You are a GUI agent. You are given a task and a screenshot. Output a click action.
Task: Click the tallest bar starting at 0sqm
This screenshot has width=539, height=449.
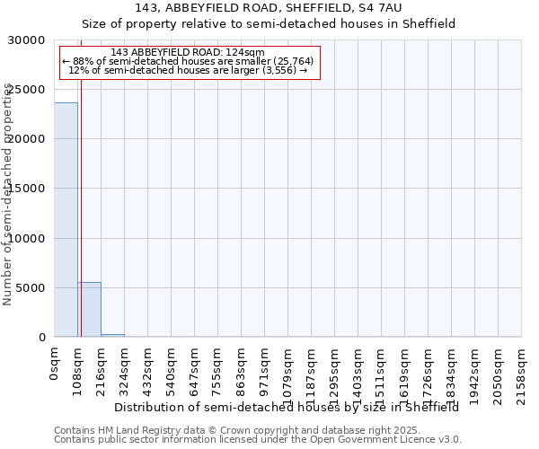66,220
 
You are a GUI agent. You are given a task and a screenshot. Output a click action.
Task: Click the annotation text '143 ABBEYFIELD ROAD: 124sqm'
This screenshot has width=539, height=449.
188,52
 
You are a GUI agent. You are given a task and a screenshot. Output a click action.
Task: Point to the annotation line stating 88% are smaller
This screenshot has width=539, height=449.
188,61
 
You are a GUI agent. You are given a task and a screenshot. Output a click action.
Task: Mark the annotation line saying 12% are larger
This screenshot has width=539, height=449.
188,70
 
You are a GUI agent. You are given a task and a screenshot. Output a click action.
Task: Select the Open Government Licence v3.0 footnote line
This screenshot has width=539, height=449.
258,440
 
